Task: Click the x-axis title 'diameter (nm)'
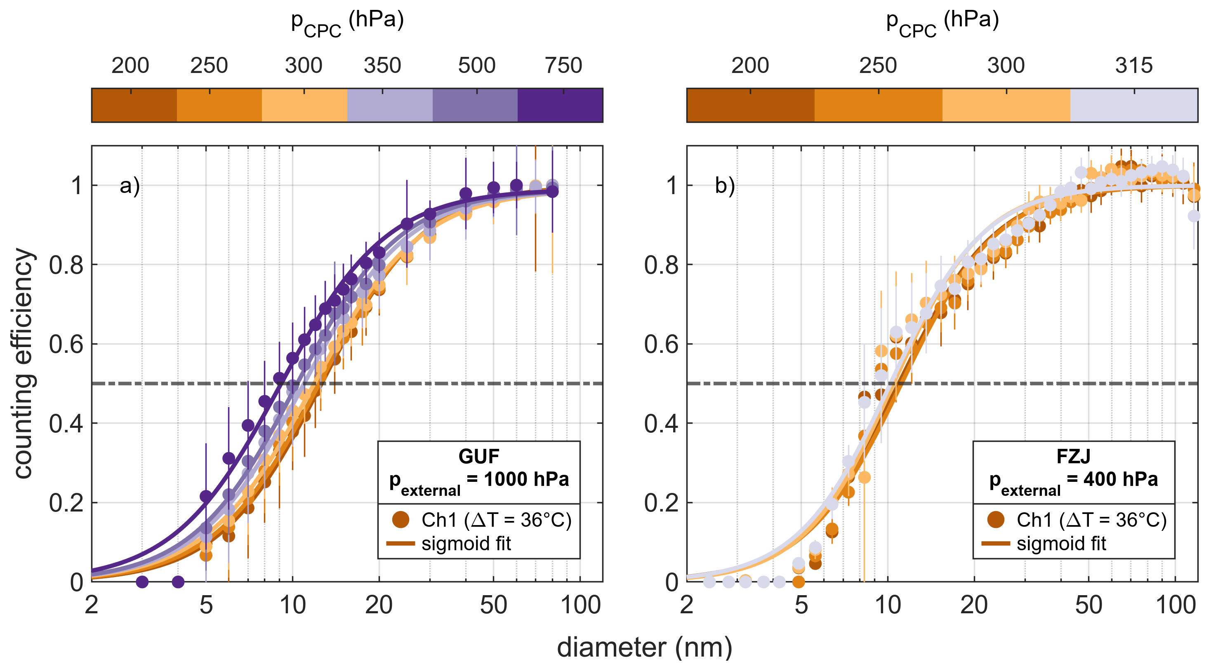(644, 648)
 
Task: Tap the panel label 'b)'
(725, 185)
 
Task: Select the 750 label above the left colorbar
(563, 65)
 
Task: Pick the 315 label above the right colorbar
(1133, 65)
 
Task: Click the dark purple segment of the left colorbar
(560, 105)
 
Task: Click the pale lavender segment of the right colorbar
(1133, 105)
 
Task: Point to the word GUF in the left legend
(478, 456)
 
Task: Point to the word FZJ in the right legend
(1073, 456)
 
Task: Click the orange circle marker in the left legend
(401, 520)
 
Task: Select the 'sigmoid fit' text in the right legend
(1061, 544)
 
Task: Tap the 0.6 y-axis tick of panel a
(66, 345)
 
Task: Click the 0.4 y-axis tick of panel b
(661, 424)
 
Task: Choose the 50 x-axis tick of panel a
(493, 605)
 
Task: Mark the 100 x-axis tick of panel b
(1175, 605)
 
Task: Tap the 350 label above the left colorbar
(382, 65)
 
